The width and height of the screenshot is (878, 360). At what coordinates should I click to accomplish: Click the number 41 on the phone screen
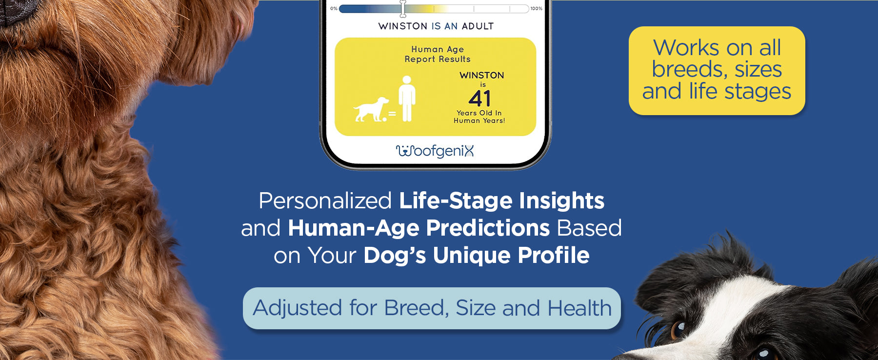479,99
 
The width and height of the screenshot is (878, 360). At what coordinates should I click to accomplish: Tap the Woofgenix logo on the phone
435,151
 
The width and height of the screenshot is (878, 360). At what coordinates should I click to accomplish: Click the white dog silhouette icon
371,110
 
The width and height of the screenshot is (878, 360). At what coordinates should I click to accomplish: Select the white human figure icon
407,99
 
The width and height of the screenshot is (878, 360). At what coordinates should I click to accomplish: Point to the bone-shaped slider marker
403,8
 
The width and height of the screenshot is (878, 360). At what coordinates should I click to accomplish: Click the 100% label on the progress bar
536,8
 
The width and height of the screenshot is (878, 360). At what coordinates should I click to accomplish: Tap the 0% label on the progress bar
334,8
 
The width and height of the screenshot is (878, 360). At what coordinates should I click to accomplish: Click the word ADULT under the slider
478,26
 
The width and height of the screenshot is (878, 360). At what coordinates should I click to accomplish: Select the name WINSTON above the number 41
481,75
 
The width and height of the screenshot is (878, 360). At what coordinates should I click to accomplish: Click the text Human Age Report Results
438,54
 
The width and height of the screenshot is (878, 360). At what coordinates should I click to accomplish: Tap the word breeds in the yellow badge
690,69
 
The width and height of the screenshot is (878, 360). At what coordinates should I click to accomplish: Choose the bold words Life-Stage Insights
501,200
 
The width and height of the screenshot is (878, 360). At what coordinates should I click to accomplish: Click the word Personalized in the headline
325,200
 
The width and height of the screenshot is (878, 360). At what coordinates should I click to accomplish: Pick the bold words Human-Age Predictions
419,228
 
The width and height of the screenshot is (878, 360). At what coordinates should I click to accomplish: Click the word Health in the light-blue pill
579,308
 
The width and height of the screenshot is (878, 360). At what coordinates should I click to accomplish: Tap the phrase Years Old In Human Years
479,117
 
